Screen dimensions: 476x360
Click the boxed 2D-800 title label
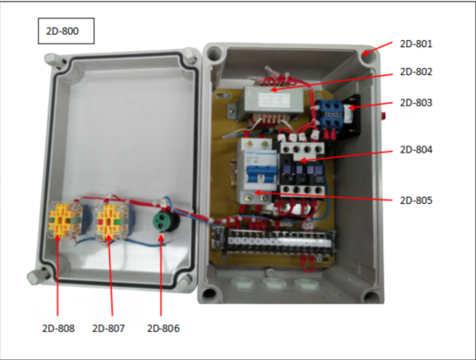click(63, 31)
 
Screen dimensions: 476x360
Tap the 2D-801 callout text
click(416, 44)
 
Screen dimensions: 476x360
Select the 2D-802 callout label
click(416, 72)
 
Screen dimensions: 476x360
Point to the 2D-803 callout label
click(416, 103)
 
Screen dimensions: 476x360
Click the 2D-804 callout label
click(416, 150)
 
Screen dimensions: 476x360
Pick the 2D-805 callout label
click(416, 200)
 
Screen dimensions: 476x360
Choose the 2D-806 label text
click(163, 329)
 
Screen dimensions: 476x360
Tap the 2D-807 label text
click(108, 329)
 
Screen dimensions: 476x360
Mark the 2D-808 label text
click(58, 329)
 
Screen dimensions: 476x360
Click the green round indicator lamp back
click(164, 220)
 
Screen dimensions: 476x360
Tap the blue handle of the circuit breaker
click(261, 175)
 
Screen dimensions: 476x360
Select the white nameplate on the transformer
click(274, 100)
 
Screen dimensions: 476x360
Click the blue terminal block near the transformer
click(329, 115)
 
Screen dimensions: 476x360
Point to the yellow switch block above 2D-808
click(65, 220)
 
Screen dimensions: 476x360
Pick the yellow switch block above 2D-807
click(111, 220)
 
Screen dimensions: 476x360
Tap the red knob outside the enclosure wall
click(384, 115)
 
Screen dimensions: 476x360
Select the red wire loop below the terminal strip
click(308, 263)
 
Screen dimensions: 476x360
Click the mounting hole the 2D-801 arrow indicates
click(368, 57)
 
